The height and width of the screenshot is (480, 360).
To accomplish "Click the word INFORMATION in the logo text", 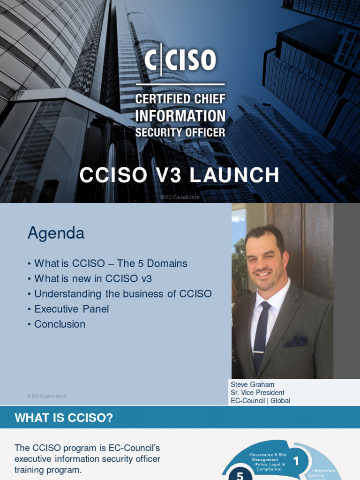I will click(x=180, y=116).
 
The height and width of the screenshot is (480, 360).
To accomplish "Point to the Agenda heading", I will click(x=56, y=233).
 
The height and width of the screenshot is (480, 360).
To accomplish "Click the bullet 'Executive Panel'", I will click(x=71, y=309).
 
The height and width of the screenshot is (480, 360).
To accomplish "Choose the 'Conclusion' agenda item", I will click(x=60, y=324).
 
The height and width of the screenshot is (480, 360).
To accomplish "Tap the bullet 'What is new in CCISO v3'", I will click(x=93, y=278).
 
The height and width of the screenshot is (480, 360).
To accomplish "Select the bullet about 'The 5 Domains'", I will click(x=111, y=263).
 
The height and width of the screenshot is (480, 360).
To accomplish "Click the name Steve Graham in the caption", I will click(x=252, y=385).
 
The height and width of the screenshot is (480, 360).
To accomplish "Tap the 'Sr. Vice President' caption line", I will click(x=257, y=393).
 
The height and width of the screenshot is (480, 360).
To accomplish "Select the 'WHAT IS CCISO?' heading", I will click(x=64, y=418).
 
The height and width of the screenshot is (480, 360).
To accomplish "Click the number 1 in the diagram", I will click(x=296, y=461).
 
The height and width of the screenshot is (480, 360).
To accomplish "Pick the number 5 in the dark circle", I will click(x=240, y=475).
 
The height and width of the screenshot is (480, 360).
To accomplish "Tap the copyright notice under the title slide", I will click(x=180, y=198).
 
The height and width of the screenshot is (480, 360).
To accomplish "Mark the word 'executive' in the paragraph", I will click(x=32, y=459).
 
